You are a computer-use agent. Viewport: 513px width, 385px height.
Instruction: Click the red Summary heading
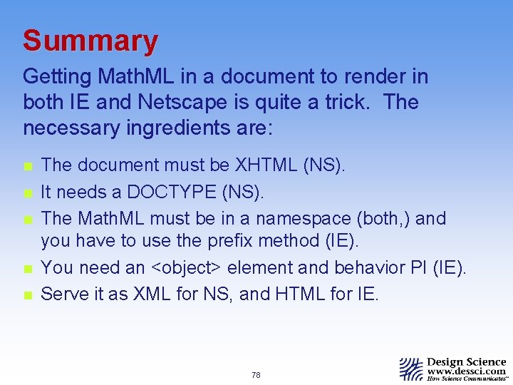tap(90, 41)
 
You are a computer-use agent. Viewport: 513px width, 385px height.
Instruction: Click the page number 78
tap(256, 374)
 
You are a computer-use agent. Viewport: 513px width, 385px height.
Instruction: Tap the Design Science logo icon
tap(410, 368)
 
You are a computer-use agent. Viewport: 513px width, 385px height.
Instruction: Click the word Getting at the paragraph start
tap(56, 76)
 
